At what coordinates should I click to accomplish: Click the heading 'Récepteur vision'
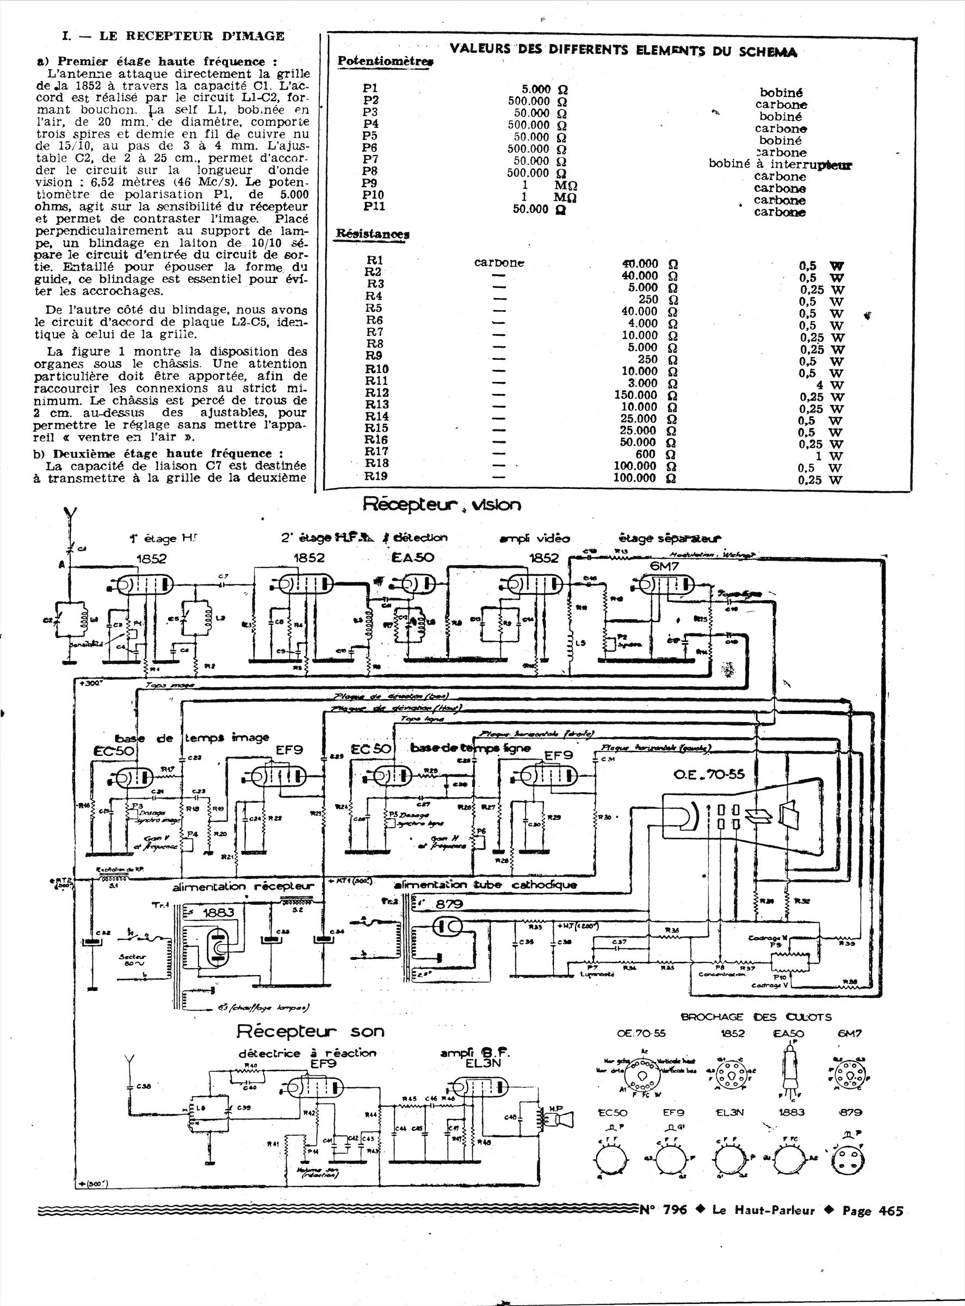[x=441, y=505]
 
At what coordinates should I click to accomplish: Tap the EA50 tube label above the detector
[x=412, y=557]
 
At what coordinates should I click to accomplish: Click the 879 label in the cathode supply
[x=449, y=904]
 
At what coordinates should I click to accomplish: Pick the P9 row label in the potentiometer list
[x=370, y=183]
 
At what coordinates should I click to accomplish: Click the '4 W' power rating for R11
[x=830, y=385]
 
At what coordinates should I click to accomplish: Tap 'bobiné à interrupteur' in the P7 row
[x=780, y=164]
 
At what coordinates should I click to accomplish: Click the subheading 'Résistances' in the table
[x=372, y=234]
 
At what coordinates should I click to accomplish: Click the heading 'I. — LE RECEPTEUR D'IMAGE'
[x=173, y=36]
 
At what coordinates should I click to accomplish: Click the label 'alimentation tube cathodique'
[x=485, y=885]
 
